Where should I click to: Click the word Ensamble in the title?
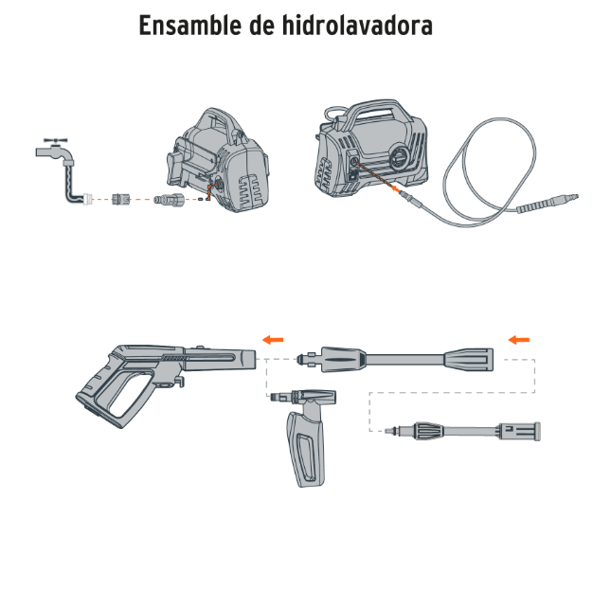tap(190, 25)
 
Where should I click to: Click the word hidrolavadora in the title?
tap(357, 25)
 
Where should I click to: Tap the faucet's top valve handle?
tap(56, 141)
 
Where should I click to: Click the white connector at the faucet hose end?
tap(87, 199)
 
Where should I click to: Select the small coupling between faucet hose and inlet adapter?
tap(121, 199)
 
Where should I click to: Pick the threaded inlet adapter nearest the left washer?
tap(169, 199)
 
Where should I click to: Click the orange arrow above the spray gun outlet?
tap(273, 340)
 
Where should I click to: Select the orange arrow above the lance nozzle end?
tap(519, 340)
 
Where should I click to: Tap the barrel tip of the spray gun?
tap(247, 359)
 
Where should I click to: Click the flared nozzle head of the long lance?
tap(469, 359)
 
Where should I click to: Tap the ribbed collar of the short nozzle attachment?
tap(429, 431)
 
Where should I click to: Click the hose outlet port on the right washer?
tap(354, 161)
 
